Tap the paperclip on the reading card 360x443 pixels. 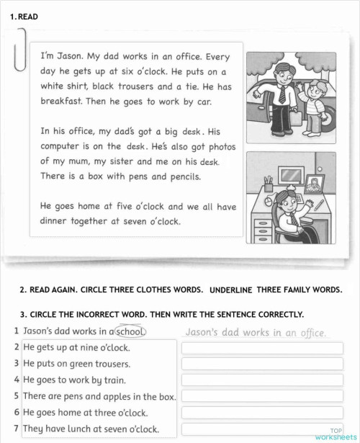[19, 50]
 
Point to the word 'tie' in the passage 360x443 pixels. [190, 86]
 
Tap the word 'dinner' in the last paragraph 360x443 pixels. [55, 222]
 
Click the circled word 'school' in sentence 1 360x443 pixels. [130, 332]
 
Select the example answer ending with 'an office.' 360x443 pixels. [256, 333]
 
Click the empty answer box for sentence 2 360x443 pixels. [262, 349]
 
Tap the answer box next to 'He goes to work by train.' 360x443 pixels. [262, 380]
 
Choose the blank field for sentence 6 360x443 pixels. [262, 413]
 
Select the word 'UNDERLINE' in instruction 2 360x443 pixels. [230, 290]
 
